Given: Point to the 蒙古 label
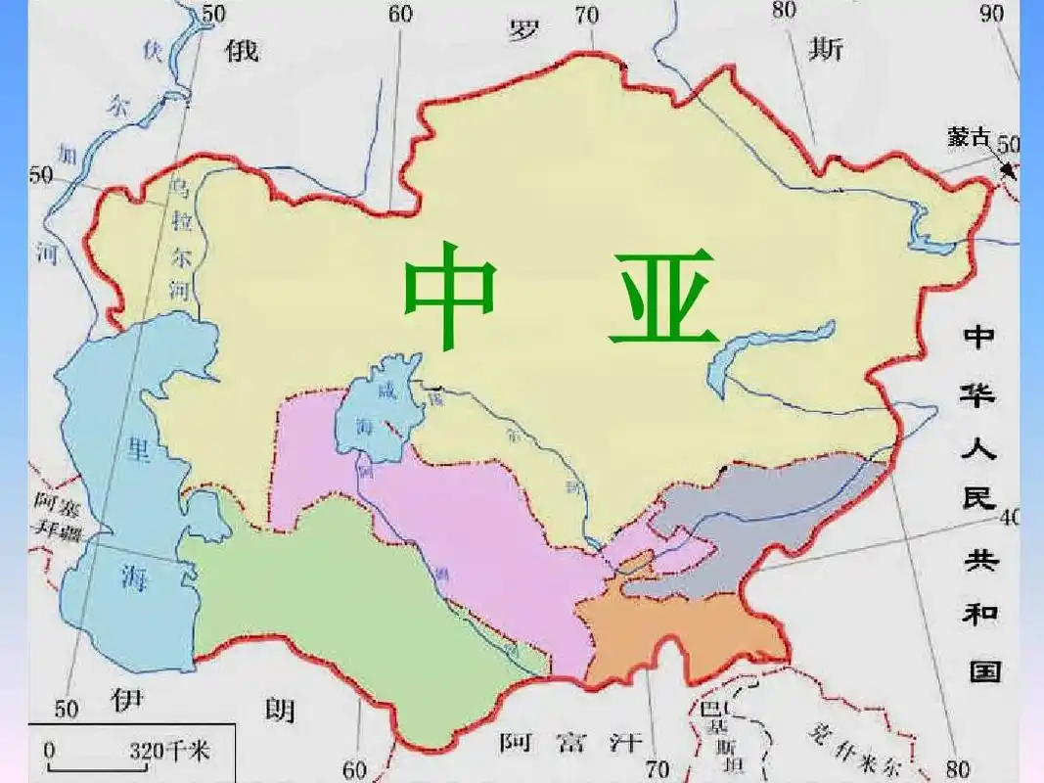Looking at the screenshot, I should click(968, 137).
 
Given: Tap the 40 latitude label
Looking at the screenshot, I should click(1008, 517).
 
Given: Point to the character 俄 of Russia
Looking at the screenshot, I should click(242, 51).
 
